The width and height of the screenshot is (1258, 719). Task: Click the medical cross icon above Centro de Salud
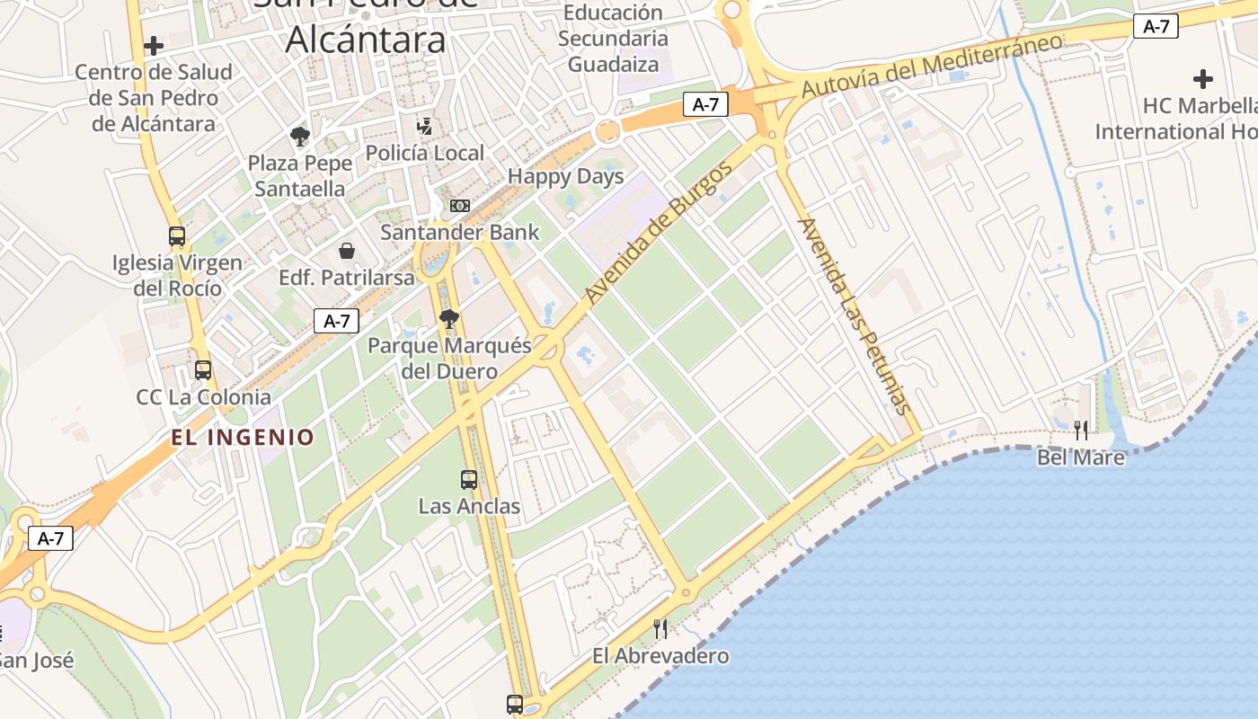tap(154, 45)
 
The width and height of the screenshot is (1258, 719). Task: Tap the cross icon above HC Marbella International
tap(1203, 79)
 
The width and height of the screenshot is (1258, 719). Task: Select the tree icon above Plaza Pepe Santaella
tap(300, 137)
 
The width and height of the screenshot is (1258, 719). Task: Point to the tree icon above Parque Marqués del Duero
tap(449, 318)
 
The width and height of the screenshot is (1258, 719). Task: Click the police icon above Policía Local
tap(424, 127)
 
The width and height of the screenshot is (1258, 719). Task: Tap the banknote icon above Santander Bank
tap(459, 206)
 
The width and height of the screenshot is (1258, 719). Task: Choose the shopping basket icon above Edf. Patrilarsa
tap(347, 251)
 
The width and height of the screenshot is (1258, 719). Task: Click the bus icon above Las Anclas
tap(469, 480)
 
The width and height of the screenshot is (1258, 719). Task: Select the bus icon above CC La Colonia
tap(203, 370)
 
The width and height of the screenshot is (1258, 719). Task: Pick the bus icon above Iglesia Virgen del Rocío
tap(177, 236)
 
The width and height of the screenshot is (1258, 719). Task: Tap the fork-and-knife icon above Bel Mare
tap(1081, 431)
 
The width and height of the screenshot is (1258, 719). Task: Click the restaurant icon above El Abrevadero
tap(660, 628)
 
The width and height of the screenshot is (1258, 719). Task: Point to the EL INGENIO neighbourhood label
tap(244, 438)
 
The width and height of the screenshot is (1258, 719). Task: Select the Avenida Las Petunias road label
tap(853, 315)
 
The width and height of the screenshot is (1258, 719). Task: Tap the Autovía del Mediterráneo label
tap(931, 66)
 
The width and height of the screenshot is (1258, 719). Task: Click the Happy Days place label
tap(565, 176)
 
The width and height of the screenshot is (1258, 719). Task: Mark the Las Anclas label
tap(469, 506)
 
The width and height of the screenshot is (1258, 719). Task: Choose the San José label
tap(36, 661)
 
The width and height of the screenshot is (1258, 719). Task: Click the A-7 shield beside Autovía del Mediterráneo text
tap(1156, 27)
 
